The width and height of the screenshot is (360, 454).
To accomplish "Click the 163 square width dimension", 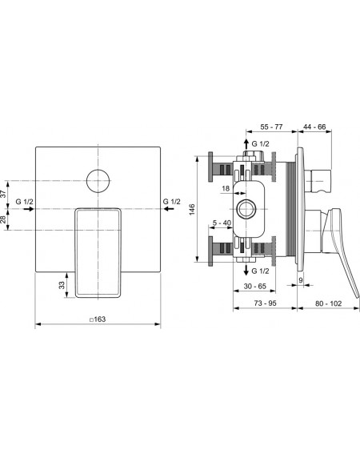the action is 98,319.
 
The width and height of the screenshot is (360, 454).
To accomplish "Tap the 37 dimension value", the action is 3,194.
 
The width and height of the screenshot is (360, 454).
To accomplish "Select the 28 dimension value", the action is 3,219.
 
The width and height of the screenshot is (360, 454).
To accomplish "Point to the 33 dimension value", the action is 62,285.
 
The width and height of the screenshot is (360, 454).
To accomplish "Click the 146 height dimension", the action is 192,209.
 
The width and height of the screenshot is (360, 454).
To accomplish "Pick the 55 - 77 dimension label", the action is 271,127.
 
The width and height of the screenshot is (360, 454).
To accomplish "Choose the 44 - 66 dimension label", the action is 314,127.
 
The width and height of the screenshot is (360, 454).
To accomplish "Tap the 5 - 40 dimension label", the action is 222,223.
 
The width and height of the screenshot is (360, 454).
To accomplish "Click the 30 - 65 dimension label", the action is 254,286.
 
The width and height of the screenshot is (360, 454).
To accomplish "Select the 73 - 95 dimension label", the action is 265,303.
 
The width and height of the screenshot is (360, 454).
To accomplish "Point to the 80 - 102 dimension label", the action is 329,303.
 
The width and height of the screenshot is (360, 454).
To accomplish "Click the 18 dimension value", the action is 226,188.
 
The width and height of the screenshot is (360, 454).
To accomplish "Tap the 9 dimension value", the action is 300,280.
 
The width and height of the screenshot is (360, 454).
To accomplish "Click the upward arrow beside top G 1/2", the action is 246,143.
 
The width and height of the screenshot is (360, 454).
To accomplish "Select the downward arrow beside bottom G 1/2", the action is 246,270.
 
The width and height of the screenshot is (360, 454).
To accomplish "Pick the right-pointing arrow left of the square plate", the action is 29,209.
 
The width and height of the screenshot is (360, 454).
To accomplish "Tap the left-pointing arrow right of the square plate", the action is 169,209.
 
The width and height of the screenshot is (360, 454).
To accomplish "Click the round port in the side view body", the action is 246,209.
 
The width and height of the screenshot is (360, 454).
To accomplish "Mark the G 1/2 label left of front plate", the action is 24,202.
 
